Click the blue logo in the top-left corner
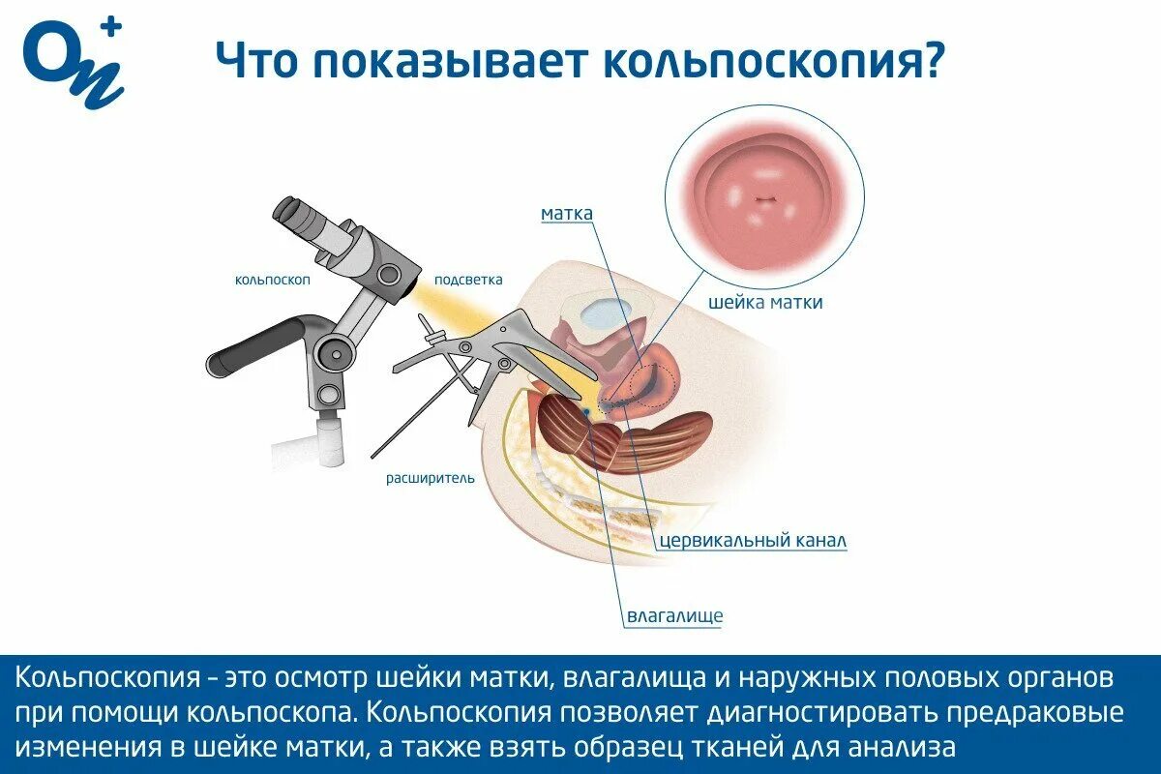pos(74,63)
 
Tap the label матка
pos(567,214)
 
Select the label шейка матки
pos(767,303)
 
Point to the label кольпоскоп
pos(272,281)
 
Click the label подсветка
pos(468,280)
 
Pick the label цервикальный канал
pos(753,541)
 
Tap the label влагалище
pos(674,615)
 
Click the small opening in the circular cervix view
pos(766,200)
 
